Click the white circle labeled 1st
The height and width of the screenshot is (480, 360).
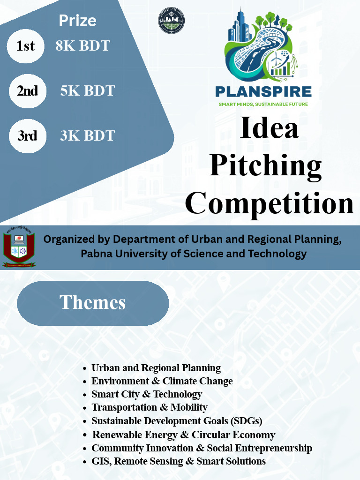point(26,46)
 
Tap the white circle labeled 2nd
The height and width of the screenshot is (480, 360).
point(28,91)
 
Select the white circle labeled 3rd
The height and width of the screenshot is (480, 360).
point(28,136)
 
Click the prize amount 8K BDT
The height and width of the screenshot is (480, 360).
point(82,46)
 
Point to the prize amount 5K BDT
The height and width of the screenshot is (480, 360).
point(87,91)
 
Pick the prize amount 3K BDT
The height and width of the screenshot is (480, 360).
point(87,136)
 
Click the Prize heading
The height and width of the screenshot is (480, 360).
point(77,21)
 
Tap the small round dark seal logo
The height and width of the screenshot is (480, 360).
point(172,21)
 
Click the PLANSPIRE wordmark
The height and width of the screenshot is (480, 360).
point(263,91)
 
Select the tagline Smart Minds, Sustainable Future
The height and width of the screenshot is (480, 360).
point(263,104)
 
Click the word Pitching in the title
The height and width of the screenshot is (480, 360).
point(265,166)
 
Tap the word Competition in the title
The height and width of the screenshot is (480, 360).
point(270,203)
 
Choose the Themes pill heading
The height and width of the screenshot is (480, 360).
point(92,303)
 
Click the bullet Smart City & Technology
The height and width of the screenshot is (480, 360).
point(147,394)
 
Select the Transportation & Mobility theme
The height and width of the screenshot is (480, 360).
point(149,407)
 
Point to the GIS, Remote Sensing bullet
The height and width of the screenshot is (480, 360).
point(178,461)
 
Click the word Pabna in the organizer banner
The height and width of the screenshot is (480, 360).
point(95,254)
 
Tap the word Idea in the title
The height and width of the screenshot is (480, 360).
point(269,128)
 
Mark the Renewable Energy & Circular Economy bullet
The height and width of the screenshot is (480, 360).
point(183,435)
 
